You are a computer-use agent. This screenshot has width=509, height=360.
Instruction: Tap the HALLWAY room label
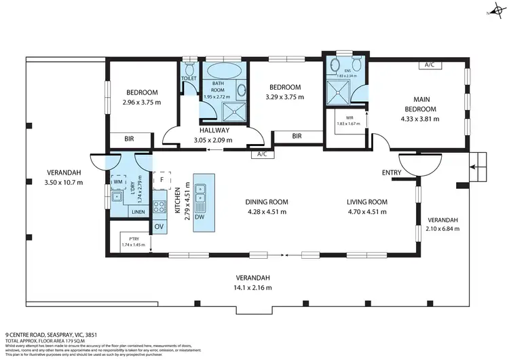click(x=214, y=130)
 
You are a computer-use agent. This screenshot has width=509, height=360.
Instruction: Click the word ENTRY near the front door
click(x=391, y=173)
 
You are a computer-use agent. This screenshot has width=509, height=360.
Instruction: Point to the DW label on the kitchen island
click(x=199, y=217)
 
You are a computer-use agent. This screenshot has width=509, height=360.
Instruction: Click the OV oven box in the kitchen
click(x=159, y=226)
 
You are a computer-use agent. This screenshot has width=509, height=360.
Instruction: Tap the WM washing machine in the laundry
click(x=117, y=181)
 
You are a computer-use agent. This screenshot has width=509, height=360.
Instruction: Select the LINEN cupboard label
click(x=138, y=212)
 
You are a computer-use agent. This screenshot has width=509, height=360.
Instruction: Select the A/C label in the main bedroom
click(x=429, y=65)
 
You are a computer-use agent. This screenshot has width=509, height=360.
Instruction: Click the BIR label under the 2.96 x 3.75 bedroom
click(x=128, y=139)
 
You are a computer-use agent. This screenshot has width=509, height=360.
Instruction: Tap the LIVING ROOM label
click(x=366, y=202)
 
